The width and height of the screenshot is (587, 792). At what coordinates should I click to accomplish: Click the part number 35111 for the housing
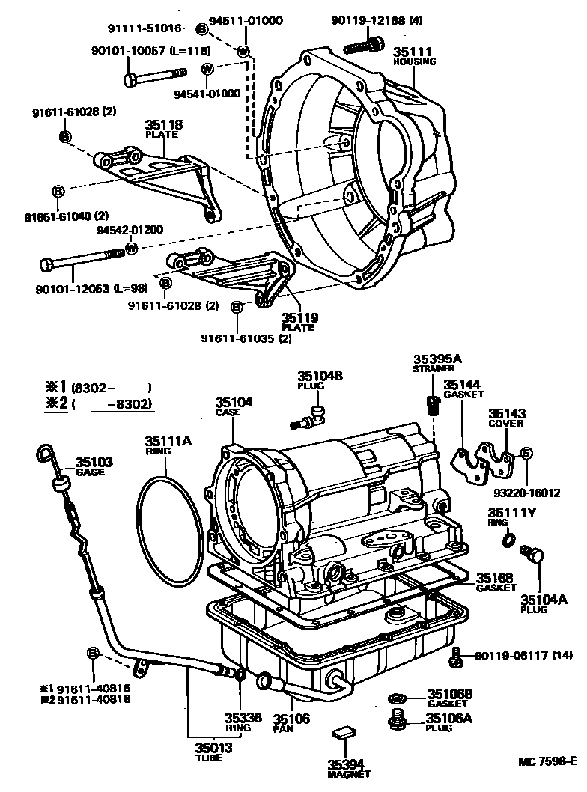pyautogui.click(x=413, y=52)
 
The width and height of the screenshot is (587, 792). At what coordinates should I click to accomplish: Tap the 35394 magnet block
pyautogui.click(x=344, y=733)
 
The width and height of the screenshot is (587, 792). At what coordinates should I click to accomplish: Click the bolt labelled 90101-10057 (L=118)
pyautogui.click(x=154, y=77)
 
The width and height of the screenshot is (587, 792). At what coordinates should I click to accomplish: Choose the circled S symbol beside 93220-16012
pyautogui.click(x=526, y=453)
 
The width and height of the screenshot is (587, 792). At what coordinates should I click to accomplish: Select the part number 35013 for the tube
pyautogui.click(x=213, y=748)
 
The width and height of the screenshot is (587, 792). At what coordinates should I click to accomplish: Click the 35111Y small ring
pyautogui.click(x=508, y=540)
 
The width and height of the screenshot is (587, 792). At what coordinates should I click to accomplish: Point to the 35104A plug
pyautogui.click(x=532, y=554)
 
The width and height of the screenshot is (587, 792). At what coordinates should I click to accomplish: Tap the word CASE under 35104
pyautogui.click(x=228, y=412)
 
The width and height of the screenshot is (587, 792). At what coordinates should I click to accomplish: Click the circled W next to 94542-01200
pyautogui.click(x=131, y=248)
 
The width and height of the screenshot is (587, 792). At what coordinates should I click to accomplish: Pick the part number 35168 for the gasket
pyautogui.click(x=495, y=577)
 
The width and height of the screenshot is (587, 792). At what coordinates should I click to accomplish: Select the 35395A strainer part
pyautogui.click(x=431, y=405)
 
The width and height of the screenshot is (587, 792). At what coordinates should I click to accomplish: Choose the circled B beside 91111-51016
pyautogui.click(x=201, y=30)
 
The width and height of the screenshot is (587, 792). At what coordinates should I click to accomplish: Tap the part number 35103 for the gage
pyautogui.click(x=94, y=462)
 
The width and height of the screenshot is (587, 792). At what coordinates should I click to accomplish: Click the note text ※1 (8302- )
pyautogui.click(x=99, y=388)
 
